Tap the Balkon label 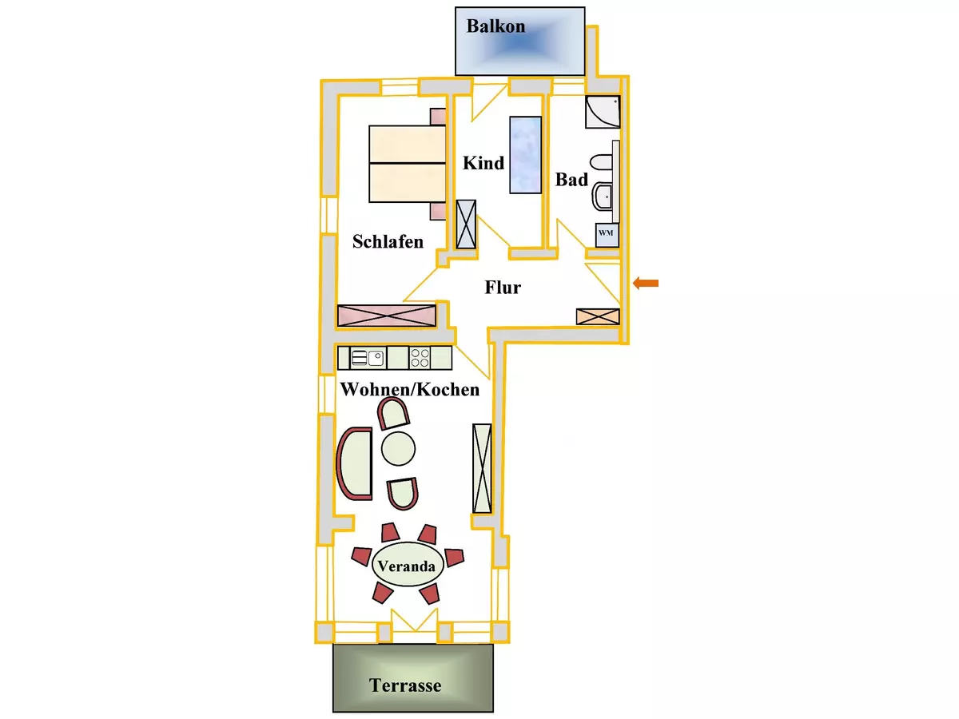click(x=495, y=26)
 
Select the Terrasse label click(x=405, y=685)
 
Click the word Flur click(x=503, y=288)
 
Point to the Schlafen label click(x=388, y=241)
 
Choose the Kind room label click(x=483, y=163)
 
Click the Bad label click(x=571, y=181)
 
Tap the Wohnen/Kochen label click(x=410, y=390)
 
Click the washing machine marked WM click(x=606, y=233)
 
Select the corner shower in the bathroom click(x=602, y=113)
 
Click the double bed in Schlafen click(x=407, y=163)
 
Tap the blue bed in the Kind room click(x=525, y=154)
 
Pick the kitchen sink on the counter click(x=368, y=357)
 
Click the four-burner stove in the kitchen click(x=420, y=357)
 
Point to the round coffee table click(x=399, y=447)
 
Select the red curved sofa click(x=355, y=463)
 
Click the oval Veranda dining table click(x=408, y=567)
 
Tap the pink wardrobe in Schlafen click(x=386, y=315)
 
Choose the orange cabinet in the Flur click(x=598, y=316)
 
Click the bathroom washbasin click(x=602, y=196)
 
